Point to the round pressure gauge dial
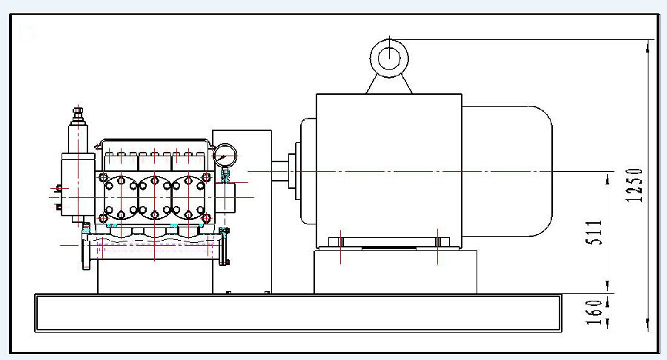tap(225, 154)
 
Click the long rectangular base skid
tap(296, 312)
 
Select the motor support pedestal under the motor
tap(394, 272)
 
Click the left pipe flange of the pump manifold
tap(87, 250)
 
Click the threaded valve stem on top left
tap(77, 117)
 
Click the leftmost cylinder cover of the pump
tap(120, 196)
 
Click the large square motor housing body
tap(388, 170)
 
